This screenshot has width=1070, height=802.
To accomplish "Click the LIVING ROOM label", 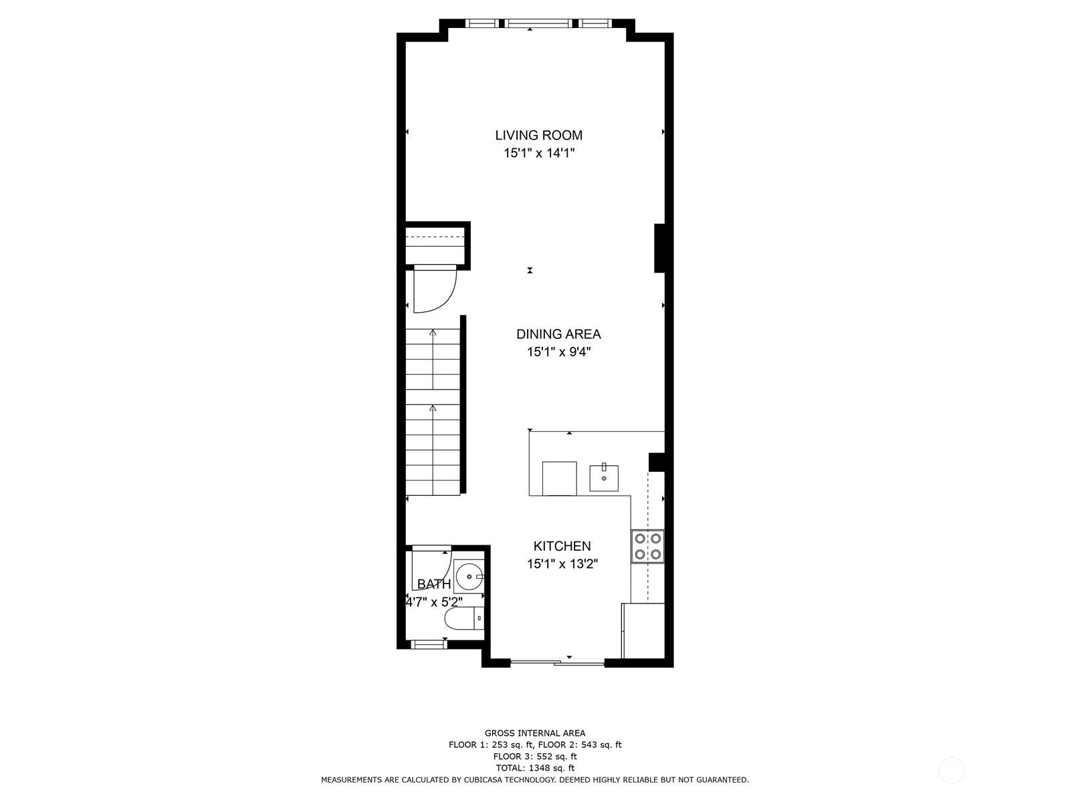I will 538,135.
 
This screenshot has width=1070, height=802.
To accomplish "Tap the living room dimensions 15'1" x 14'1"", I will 539,153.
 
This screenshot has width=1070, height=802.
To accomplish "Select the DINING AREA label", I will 558,334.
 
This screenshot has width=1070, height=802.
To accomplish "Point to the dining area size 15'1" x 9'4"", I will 558,352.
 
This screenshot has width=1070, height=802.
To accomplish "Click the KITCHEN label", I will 562,546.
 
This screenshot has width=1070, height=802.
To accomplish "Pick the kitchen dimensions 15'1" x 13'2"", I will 562,564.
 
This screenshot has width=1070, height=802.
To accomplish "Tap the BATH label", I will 434,584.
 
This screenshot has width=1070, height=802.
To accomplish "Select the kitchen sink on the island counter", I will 604,478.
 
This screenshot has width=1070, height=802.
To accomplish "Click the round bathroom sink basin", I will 468,575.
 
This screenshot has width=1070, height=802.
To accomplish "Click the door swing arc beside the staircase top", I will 435,289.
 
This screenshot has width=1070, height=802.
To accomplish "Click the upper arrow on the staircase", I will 433,332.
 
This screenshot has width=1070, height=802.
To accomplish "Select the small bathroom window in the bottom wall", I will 428,645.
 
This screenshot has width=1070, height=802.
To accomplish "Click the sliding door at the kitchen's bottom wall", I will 557,663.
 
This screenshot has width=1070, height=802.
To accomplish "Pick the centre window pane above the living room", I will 539,23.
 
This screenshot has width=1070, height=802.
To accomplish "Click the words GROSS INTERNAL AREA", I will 534,733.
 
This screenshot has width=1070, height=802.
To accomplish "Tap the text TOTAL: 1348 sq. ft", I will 534,768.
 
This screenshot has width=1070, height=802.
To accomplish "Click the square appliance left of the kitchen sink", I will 559,478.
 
